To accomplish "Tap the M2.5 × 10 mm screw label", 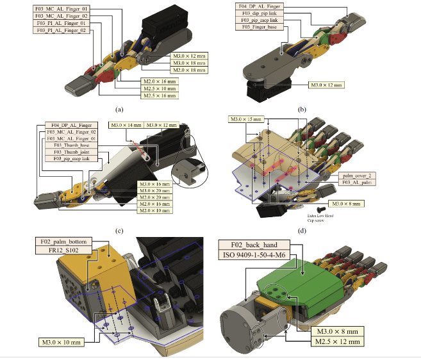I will coord(158,88).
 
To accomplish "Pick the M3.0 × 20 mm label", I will coord(157,191).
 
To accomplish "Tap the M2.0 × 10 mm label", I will coord(157,211).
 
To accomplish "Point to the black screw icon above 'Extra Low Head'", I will coord(320,209).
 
